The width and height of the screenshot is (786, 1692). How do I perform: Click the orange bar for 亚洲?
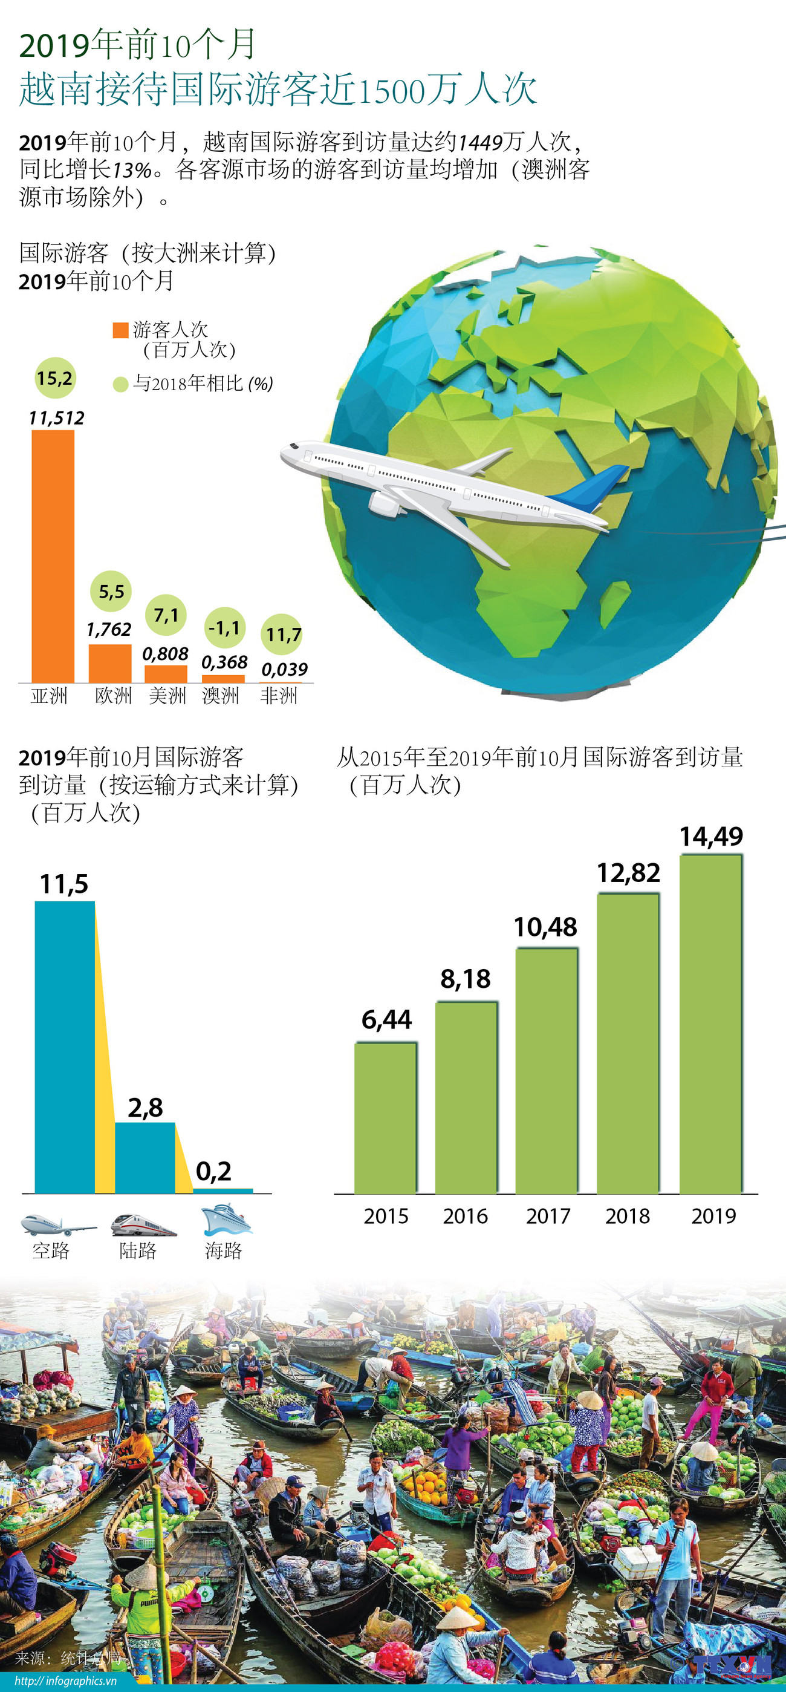click(x=53, y=556)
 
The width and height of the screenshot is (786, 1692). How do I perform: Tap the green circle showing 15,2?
click(x=54, y=378)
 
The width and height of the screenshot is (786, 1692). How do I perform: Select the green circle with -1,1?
click(x=224, y=628)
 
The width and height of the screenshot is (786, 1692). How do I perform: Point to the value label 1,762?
click(x=109, y=629)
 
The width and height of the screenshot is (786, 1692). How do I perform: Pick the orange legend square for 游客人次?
click(x=120, y=330)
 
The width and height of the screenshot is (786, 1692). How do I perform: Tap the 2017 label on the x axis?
click(x=548, y=1216)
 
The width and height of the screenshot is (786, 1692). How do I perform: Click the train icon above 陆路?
click(x=143, y=1224)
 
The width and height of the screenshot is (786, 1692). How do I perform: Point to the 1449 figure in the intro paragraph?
click(x=481, y=142)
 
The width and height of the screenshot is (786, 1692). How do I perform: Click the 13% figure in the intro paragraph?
click(x=131, y=170)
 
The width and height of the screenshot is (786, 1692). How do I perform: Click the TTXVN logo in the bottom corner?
click(x=732, y=1664)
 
